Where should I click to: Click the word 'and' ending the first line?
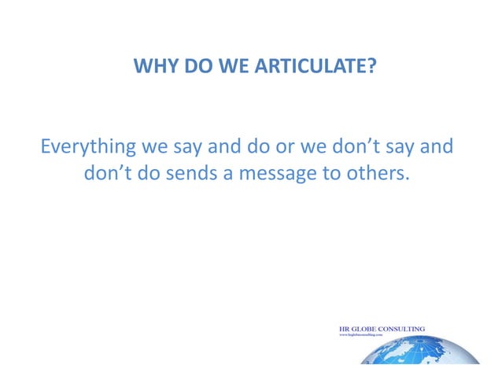437,147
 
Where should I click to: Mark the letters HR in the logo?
344,329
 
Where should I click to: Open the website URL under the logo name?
365,335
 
